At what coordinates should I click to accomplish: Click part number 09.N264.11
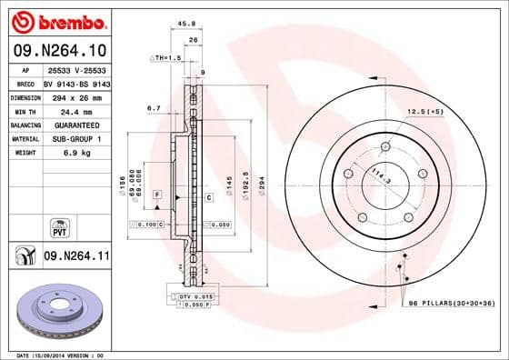pyautogui.click(x=78, y=257)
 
